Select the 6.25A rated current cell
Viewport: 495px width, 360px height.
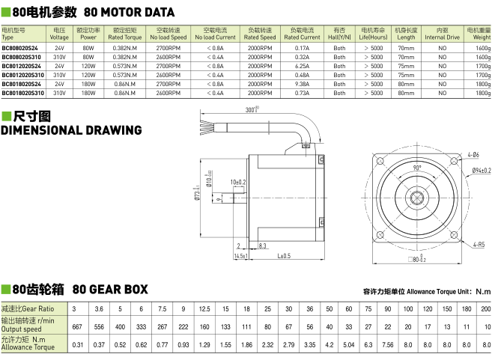pyautogui.click(x=302, y=66)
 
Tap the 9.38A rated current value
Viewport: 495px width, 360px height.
pyautogui.click(x=302, y=84)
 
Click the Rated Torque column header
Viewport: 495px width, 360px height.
pyautogui.click(x=124, y=34)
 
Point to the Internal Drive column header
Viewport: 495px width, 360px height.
pyautogui.click(x=442, y=34)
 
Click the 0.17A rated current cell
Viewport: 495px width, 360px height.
pyautogui.click(x=302, y=47)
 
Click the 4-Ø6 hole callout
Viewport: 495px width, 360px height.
pyautogui.click(x=473, y=154)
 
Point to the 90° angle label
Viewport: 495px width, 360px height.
pyautogui.click(x=417, y=168)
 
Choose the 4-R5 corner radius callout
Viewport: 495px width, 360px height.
pyautogui.click(x=478, y=244)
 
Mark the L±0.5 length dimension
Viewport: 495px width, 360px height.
pyautogui.click(x=283, y=256)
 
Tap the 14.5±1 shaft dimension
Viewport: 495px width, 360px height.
pyautogui.click(x=240, y=256)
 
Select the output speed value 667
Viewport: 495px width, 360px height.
pyautogui.click(x=76, y=327)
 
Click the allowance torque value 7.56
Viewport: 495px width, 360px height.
pyautogui.click(x=388, y=346)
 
